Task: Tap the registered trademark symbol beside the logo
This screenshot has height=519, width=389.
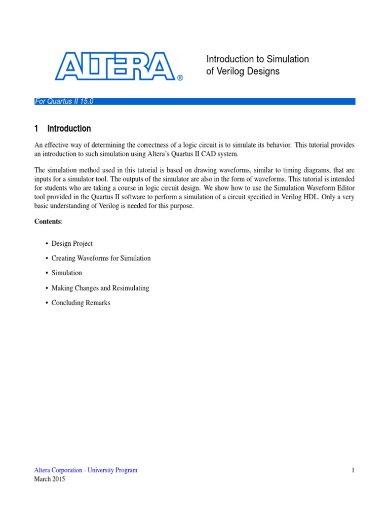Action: pyautogui.click(x=179, y=78)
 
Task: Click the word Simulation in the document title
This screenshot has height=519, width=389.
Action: pyautogui.click(x=287, y=59)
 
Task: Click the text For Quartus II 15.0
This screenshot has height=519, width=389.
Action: pyautogui.click(x=64, y=101)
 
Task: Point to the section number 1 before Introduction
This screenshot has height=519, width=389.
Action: pyautogui.click(x=36, y=129)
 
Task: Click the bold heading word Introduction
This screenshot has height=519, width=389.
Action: pyautogui.click(x=69, y=129)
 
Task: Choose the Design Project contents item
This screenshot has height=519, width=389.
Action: pyautogui.click(x=72, y=244)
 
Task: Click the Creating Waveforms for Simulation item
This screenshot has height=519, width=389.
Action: pyautogui.click(x=101, y=258)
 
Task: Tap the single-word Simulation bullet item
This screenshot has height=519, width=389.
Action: pyautogui.click(x=66, y=273)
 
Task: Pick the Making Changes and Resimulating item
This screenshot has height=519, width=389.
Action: pyautogui.click(x=100, y=288)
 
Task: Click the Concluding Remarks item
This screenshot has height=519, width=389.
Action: pyautogui.click(x=81, y=303)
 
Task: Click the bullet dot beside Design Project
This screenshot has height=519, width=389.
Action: pyautogui.click(x=47, y=244)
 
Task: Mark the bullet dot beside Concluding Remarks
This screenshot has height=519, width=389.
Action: pyautogui.click(x=47, y=303)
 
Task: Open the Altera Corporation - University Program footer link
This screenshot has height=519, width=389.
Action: pyautogui.click(x=86, y=470)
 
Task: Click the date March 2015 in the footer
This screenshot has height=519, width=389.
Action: pyautogui.click(x=50, y=479)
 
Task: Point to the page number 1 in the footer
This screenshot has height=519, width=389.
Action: pyautogui.click(x=353, y=470)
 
